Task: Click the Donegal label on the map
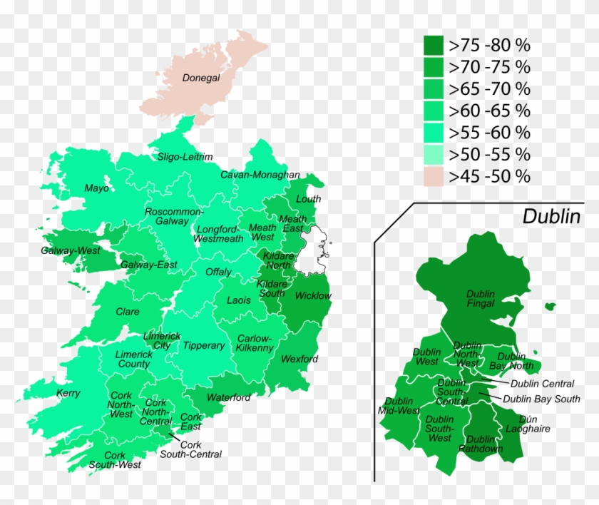(x=201, y=78)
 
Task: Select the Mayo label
(x=97, y=188)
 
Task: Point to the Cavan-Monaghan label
(x=260, y=175)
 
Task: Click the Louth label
(x=308, y=199)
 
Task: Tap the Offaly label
(x=218, y=272)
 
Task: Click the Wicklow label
(x=312, y=295)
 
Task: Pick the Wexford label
(x=299, y=359)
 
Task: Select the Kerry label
(x=68, y=393)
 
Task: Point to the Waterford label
(x=229, y=397)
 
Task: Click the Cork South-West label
(x=115, y=460)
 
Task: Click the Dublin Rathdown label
(x=481, y=444)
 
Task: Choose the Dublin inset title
(x=551, y=217)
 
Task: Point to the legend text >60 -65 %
(x=489, y=111)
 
